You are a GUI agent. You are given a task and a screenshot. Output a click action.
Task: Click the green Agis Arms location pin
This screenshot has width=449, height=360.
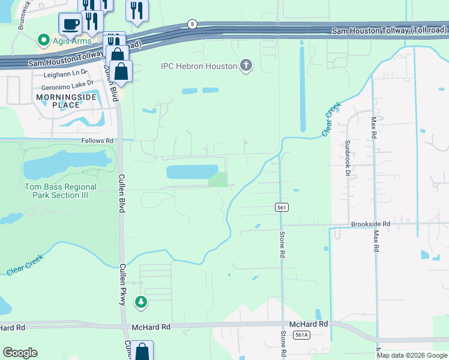(43, 41)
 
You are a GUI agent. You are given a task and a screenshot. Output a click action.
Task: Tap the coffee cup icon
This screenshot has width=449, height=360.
(70, 24)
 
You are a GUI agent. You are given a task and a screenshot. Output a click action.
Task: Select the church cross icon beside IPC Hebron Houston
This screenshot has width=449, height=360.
(246, 65)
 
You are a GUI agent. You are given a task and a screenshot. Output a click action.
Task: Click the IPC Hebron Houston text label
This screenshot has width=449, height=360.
(199, 66)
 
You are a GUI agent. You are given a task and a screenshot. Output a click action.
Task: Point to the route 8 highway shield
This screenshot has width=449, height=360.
(191, 24)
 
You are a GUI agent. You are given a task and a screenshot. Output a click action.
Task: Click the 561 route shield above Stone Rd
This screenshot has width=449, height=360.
(282, 207)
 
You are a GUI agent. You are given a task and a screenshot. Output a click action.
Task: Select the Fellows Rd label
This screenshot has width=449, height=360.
(97, 140)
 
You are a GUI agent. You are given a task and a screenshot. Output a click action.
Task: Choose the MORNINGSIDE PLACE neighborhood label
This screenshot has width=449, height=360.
(58, 101)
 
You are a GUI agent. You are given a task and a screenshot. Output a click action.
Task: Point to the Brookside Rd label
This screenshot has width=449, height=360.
(370, 224)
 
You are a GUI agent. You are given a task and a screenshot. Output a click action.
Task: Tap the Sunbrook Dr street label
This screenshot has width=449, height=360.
(347, 158)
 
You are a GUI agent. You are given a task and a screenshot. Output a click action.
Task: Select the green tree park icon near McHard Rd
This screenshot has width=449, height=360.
(141, 302)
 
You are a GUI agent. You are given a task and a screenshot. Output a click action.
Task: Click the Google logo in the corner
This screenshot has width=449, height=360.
(20, 353)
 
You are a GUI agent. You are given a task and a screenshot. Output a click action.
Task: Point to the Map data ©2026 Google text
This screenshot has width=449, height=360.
(412, 355)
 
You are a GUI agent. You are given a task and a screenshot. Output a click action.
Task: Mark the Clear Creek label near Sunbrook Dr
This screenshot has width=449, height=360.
(331, 119)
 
